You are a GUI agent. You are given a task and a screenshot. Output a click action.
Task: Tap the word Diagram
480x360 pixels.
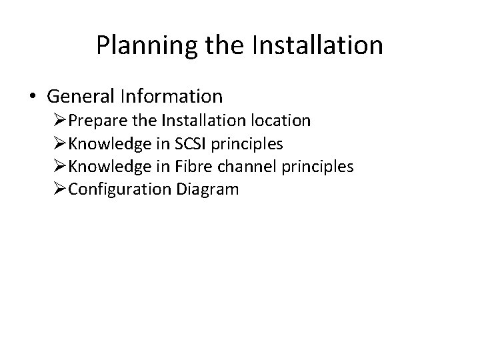click(x=207, y=189)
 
